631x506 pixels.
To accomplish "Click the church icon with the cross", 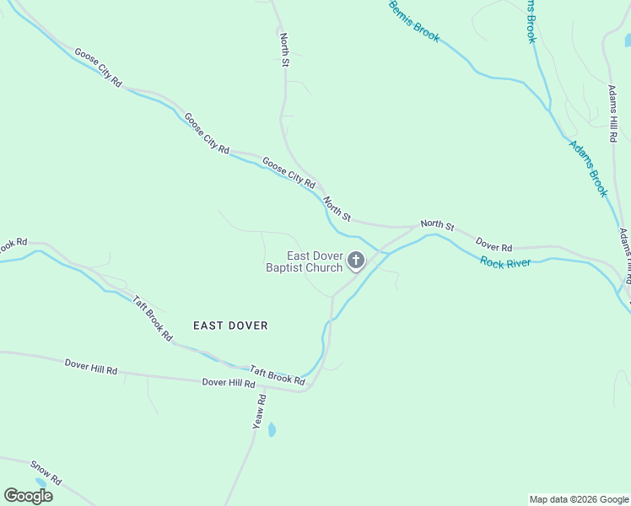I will point(356,261).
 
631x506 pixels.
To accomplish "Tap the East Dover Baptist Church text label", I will point(304,262).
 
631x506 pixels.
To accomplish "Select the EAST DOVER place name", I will point(230,326).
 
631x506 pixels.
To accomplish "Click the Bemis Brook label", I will point(414,21).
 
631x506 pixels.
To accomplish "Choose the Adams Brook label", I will point(588,168).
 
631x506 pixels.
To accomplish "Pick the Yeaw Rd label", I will point(260,412).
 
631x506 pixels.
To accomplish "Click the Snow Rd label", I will point(46,472).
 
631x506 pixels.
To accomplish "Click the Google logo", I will point(29,495).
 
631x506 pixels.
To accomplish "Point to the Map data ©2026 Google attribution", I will point(579,499).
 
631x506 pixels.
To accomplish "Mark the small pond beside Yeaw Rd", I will point(272,430).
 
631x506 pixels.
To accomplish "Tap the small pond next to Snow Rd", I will point(40,483).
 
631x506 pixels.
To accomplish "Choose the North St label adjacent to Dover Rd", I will point(437,225).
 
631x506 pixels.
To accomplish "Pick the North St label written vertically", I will point(285,51).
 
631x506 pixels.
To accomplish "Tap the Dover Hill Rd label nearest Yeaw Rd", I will point(229,383).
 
